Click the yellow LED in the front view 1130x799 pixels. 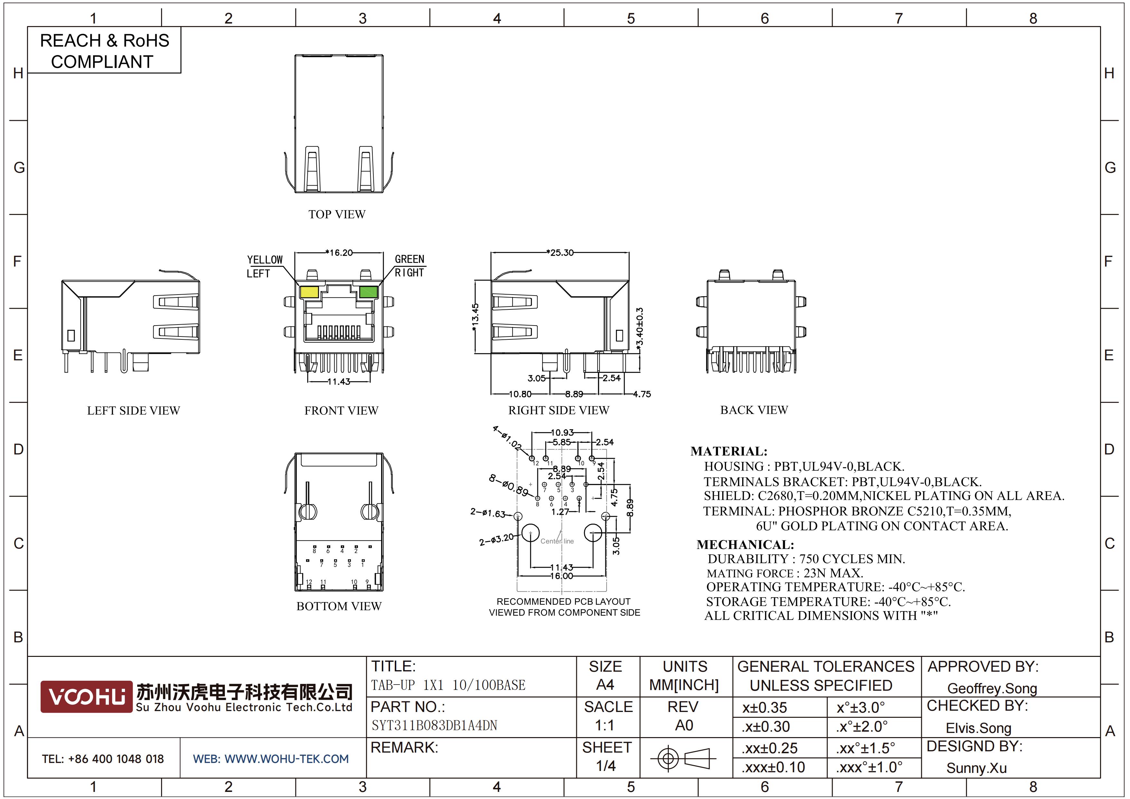pyautogui.click(x=309, y=292)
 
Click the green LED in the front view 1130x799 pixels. pyautogui.click(x=368, y=292)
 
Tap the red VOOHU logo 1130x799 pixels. pyautogui.click(x=87, y=697)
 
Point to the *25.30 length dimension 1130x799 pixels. pyautogui.click(x=560, y=253)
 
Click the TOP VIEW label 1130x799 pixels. pyautogui.click(x=337, y=214)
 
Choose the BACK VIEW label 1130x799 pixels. pyautogui.click(x=754, y=410)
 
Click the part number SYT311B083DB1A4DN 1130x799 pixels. pyautogui.click(x=434, y=725)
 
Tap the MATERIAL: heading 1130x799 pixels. pyautogui.click(x=729, y=452)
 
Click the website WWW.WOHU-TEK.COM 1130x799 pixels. pyautogui.click(x=286, y=759)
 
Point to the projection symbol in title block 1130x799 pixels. pyautogui.click(x=683, y=758)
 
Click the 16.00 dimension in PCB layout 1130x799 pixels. pyautogui.click(x=561, y=576)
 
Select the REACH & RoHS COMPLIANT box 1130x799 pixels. pyautogui.click(x=104, y=50)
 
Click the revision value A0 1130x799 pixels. pyautogui.click(x=684, y=725)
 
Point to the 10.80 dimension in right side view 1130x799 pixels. pyautogui.click(x=520, y=394)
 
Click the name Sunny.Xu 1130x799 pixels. pyautogui.click(x=976, y=768)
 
